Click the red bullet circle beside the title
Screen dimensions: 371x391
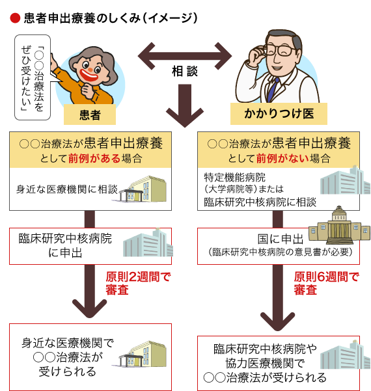(x=15, y=18)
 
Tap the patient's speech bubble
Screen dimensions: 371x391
(x=33, y=77)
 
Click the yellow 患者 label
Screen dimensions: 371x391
(x=90, y=115)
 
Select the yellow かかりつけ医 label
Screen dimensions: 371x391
(x=279, y=114)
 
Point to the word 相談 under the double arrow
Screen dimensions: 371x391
(x=185, y=71)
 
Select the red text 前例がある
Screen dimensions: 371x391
(x=94, y=158)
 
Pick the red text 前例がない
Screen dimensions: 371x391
(x=282, y=158)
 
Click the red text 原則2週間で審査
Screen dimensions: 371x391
(x=138, y=284)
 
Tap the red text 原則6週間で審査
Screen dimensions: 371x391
(x=326, y=284)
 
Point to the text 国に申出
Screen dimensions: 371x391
(x=281, y=239)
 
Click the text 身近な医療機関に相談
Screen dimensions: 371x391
(x=67, y=189)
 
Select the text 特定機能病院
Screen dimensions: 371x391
(x=235, y=178)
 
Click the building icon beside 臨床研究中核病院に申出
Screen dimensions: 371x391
(x=148, y=243)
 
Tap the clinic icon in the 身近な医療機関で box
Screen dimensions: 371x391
(x=143, y=354)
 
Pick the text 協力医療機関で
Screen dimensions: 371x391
(x=265, y=363)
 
